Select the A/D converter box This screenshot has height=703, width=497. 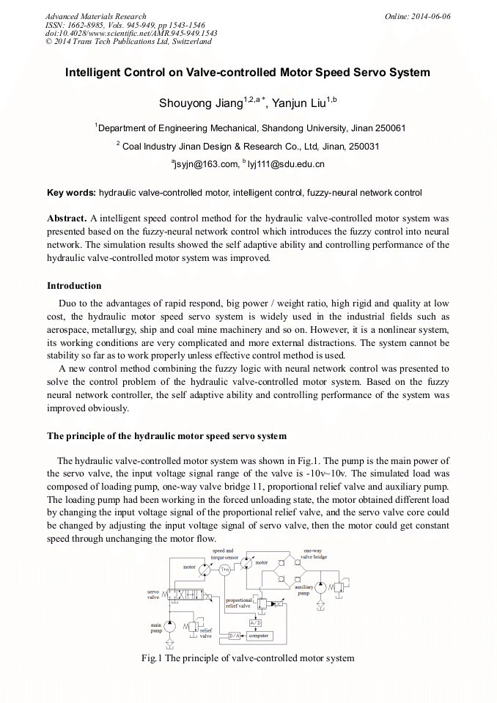click(x=255, y=622)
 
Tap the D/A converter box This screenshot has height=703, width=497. click(x=235, y=635)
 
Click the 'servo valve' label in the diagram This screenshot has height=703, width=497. click(x=153, y=595)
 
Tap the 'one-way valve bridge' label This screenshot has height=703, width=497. click(x=316, y=553)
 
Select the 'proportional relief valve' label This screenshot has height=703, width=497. click(x=238, y=603)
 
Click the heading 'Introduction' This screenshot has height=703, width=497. click(x=74, y=286)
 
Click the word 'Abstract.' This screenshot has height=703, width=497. click(x=67, y=218)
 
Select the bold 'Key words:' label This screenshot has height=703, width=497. click(x=71, y=193)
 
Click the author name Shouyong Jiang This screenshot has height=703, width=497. click(x=200, y=103)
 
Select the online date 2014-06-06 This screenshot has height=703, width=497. click(x=431, y=16)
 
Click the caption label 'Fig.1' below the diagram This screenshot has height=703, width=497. click(x=152, y=658)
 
